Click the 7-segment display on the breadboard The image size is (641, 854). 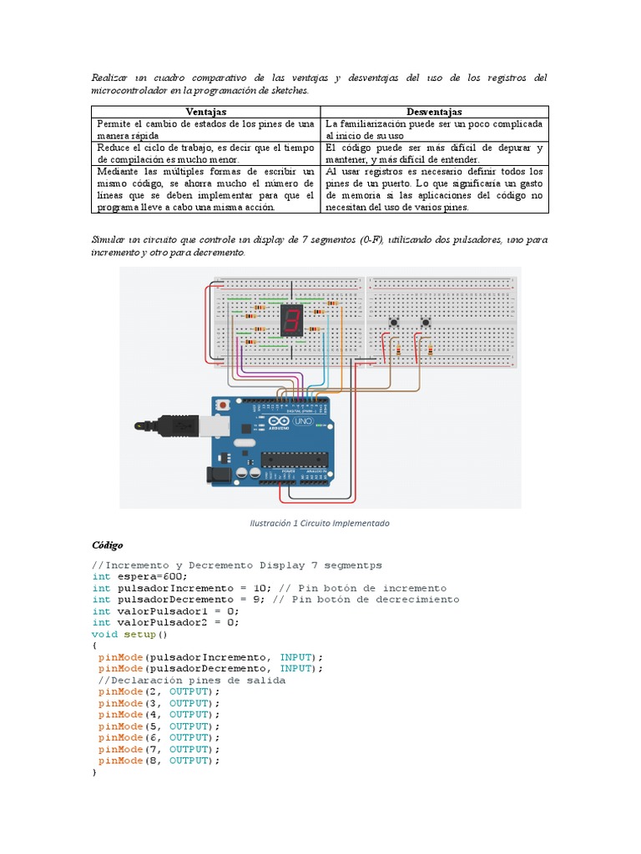click(291, 319)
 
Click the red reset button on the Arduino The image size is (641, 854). click(222, 405)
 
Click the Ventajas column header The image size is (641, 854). click(205, 112)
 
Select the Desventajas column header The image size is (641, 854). click(434, 112)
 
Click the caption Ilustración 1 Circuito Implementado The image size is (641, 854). click(320, 523)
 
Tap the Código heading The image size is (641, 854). click(107, 545)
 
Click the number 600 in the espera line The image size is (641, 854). click(173, 576)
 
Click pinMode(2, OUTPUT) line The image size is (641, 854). click(159, 691)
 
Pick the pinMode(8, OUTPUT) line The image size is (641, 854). click(159, 761)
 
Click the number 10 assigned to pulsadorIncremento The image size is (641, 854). click(238, 588)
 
